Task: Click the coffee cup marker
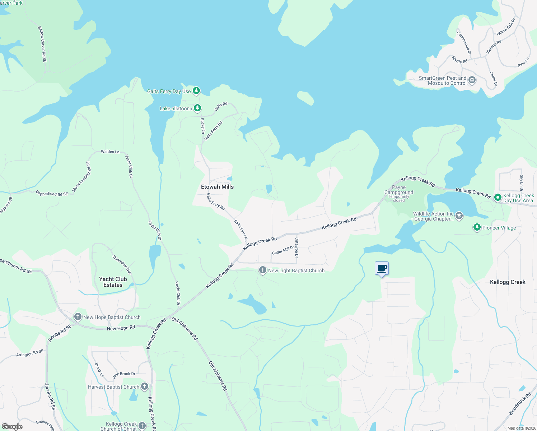382,268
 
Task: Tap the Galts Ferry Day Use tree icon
196,91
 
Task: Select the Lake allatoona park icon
197,108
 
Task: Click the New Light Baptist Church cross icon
263,270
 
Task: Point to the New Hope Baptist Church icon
78,317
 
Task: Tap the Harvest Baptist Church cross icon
145,386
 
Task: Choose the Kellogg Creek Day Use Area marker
498,197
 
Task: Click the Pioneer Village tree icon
477,227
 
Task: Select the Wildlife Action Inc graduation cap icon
459,216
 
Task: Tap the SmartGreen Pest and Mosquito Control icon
472,80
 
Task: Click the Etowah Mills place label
217,187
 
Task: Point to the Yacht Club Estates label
113,282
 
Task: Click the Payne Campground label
399,190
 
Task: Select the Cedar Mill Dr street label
283,250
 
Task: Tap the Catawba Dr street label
296,247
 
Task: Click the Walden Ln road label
110,152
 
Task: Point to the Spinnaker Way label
122,265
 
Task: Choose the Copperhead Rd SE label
52,194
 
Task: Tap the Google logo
12,427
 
